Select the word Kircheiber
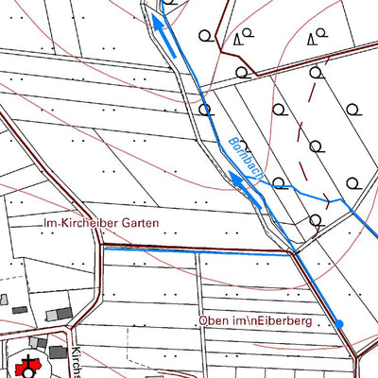tap(94, 225)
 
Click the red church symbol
tap(26, 363)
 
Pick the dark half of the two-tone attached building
tap(59, 313)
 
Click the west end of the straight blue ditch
tap(104, 249)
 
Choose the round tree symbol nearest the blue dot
tap(318, 222)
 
